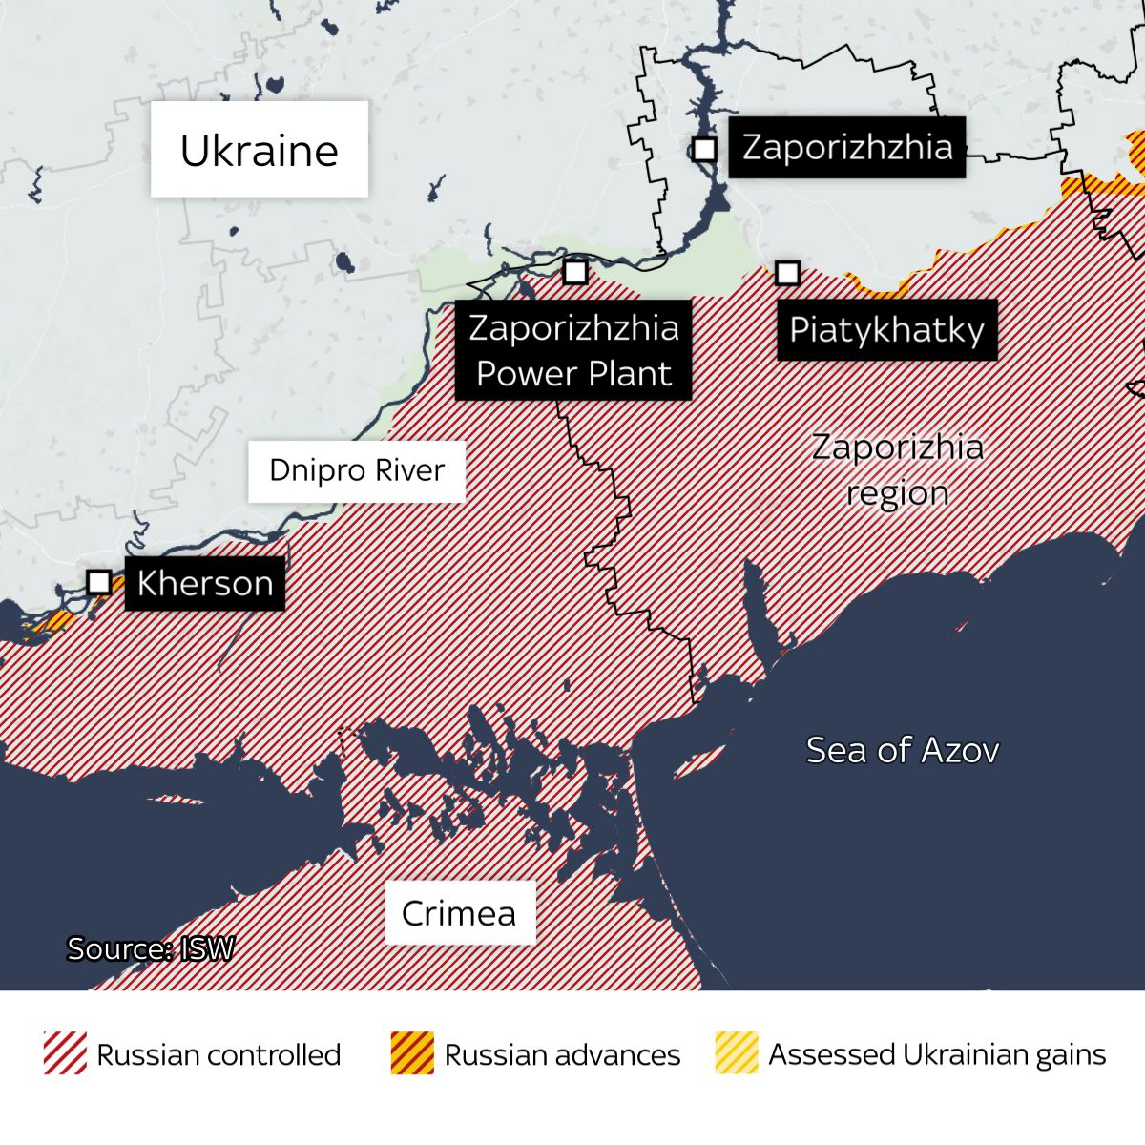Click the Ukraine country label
259,150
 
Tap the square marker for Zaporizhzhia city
704,149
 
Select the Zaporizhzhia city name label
846,147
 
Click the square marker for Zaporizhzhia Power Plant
574,272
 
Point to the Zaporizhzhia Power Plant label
573,350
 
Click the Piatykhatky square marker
787,273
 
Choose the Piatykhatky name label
886,330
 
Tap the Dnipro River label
357,470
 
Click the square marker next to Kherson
99,581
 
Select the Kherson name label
204,583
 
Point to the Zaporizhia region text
897,469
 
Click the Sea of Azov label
902,750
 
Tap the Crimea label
459,913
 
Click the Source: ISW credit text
150,948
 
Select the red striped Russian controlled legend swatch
65,1053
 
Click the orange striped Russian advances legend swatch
412,1053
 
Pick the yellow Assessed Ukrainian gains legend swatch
737,1053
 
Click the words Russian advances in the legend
562,1054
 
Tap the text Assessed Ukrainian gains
937,1054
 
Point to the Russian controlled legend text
219,1054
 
